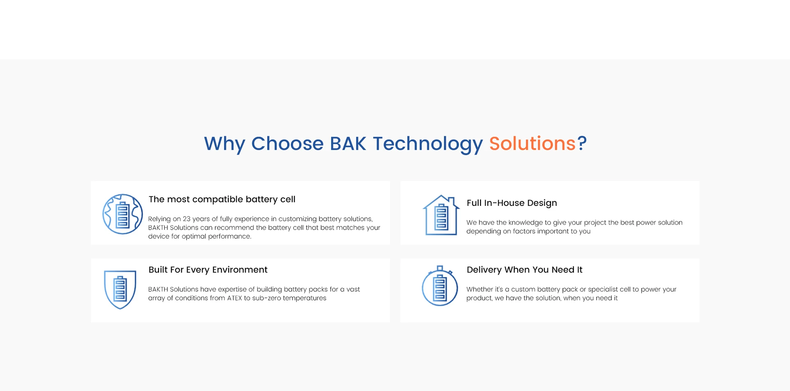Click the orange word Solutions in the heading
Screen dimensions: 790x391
[x=532, y=144]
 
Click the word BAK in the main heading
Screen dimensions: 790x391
[x=348, y=144]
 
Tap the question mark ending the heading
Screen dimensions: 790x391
[x=582, y=144]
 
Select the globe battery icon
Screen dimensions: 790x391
[x=123, y=214]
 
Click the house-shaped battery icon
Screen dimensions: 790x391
[x=441, y=215]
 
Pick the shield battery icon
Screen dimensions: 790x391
[x=120, y=289]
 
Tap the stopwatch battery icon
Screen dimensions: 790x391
[x=440, y=286]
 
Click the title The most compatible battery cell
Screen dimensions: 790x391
[x=222, y=199]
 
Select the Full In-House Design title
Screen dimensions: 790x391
[x=512, y=203]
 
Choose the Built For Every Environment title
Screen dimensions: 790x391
[x=208, y=270]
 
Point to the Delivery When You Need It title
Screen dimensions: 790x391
[x=525, y=270]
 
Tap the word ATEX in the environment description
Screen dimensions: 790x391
[x=235, y=298]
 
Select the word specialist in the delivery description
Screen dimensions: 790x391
[x=604, y=290]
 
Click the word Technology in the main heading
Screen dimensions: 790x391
[x=428, y=144]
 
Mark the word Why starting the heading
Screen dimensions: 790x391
[x=225, y=144]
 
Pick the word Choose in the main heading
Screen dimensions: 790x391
[x=288, y=144]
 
